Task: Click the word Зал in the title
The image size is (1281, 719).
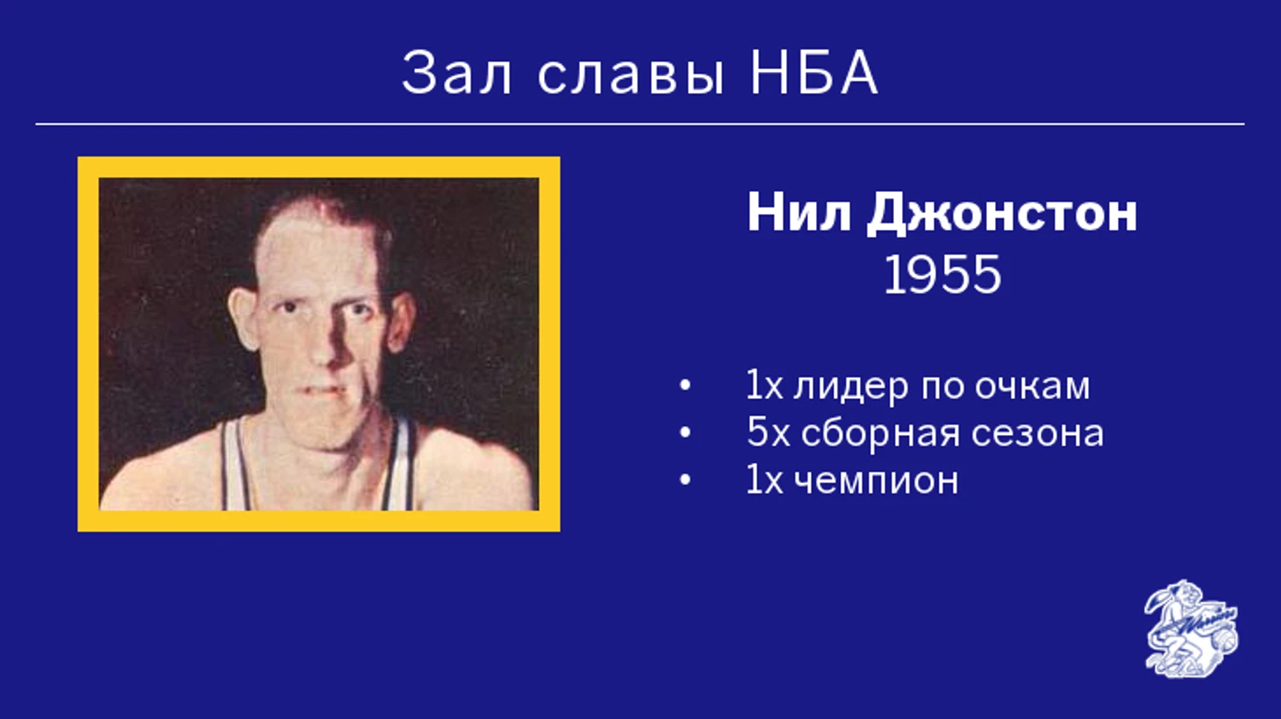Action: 455,73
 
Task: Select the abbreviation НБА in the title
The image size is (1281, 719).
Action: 813,73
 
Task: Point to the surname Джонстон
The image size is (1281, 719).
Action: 1002,215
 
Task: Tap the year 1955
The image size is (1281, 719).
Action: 942,274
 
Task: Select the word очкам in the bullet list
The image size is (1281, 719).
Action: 1032,386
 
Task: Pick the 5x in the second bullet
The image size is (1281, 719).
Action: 768,432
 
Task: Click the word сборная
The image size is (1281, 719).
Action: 878,434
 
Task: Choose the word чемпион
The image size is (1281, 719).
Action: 877,481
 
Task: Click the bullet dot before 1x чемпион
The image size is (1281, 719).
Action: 684,481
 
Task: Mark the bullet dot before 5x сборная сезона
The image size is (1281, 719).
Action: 684,433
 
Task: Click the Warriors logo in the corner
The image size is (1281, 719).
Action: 1192,629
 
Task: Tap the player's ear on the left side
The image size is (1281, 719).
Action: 243,317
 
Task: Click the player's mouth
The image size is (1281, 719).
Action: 324,391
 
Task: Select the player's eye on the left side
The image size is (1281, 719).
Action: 289,308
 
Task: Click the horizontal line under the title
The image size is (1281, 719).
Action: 640,124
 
